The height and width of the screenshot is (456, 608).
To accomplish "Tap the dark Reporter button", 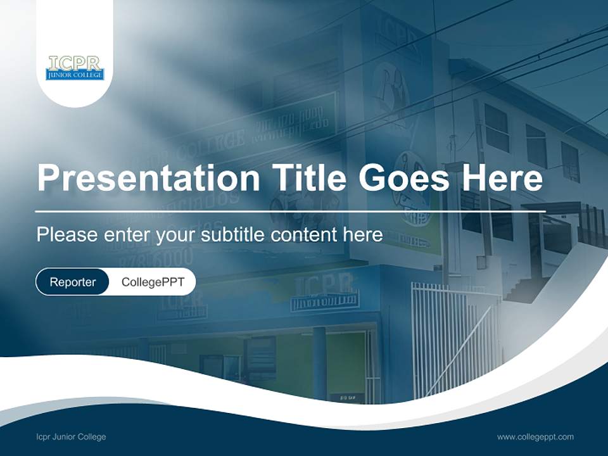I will [x=73, y=282].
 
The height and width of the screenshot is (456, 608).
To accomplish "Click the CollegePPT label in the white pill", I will [x=153, y=282].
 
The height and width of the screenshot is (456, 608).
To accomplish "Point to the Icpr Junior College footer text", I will [x=71, y=437].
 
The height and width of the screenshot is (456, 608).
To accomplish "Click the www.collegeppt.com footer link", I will [x=535, y=437].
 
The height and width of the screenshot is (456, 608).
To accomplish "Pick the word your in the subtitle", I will [x=177, y=236].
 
